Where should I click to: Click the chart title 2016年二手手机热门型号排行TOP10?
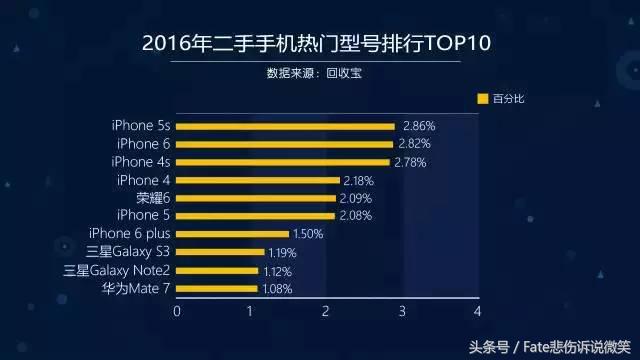coord(319,45)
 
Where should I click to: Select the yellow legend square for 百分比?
coord(483,99)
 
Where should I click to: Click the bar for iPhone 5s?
coord(286,127)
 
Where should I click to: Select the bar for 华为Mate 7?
coord(217,288)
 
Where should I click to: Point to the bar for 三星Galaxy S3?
coord(221,252)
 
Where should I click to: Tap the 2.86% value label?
coord(419,127)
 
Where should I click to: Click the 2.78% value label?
coord(413,162)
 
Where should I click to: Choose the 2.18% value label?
coord(358,180)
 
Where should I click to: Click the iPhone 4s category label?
coord(139,162)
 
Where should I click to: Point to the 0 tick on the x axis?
coord(177,311)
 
